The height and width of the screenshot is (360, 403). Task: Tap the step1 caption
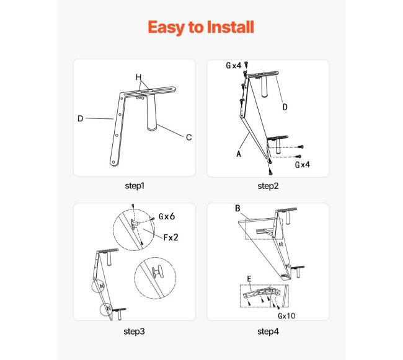point(135,186)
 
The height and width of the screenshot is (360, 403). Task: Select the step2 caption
point(268,186)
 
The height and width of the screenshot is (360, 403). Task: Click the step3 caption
point(134,331)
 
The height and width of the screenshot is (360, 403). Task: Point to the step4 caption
point(268,331)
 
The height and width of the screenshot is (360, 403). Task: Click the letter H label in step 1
point(138,77)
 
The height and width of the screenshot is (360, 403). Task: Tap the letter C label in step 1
point(188,138)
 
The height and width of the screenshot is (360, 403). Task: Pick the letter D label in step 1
point(81,118)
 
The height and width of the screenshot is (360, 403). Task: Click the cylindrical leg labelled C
point(152,113)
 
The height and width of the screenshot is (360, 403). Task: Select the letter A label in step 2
point(239,154)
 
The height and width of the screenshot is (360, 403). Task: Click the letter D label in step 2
point(285,107)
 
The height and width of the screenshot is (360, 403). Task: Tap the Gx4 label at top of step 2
point(233,66)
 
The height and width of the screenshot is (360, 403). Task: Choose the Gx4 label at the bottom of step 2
point(303,165)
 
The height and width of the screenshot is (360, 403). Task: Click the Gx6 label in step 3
point(167,216)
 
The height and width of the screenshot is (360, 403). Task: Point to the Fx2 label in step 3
point(171,237)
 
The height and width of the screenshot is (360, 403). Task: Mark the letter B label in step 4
point(237,208)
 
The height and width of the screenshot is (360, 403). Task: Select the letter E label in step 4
point(249,279)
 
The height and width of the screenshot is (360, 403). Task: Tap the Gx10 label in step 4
point(286,315)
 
